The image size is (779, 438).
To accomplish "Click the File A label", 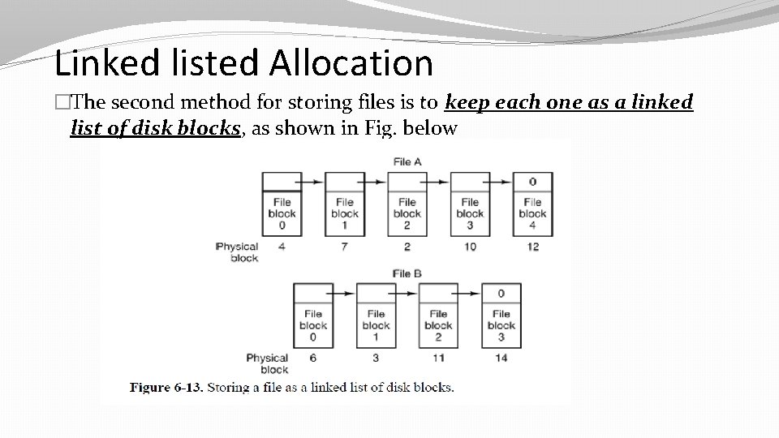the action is (x=407, y=161).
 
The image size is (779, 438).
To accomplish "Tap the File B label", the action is (x=407, y=273).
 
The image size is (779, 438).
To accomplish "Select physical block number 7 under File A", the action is (x=345, y=247).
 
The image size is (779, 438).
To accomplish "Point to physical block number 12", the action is (x=532, y=247).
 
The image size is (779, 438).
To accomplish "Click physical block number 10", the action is (x=470, y=247).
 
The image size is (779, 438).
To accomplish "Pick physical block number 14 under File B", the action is (x=501, y=358).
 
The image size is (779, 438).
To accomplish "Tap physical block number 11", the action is (x=438, y=358).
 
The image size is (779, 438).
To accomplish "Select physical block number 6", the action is (x=313, y=358).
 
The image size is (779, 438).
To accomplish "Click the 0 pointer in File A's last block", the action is (x=532, y=182).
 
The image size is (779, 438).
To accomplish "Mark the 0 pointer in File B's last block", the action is (x=501, y=293).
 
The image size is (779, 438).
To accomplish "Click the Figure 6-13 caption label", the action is (x=166, y=387).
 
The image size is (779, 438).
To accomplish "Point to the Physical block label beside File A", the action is (x=238, y=251).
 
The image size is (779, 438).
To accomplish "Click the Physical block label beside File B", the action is (x=268, y=363).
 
